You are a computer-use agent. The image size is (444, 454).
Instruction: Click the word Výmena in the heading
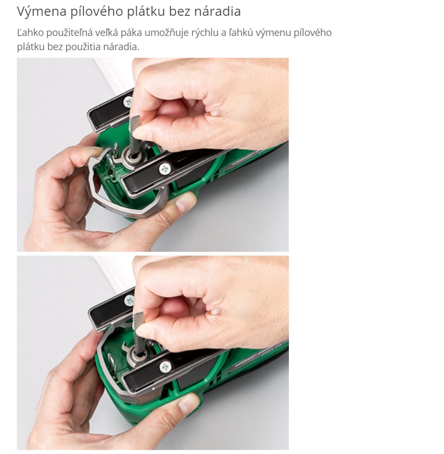pyautogui.click(x=41, y=12)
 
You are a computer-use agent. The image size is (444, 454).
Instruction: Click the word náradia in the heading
pyautogui.click(x=218, y=11)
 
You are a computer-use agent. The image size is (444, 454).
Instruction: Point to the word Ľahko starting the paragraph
pyautogui.click(x=30, y=33)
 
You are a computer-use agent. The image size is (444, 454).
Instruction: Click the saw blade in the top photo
pyautogui.click(x=134, y=134)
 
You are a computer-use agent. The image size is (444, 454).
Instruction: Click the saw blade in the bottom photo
pyautogui.click(x=138, y=332)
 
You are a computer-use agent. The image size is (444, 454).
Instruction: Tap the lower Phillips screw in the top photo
pyautogui.click(x=165, y=169)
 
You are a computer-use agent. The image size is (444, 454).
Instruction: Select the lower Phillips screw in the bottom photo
pyautogui.click(x=165, y=367)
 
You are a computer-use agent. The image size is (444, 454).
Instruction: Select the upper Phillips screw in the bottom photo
pyautogui.click(x=129, y=301)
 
